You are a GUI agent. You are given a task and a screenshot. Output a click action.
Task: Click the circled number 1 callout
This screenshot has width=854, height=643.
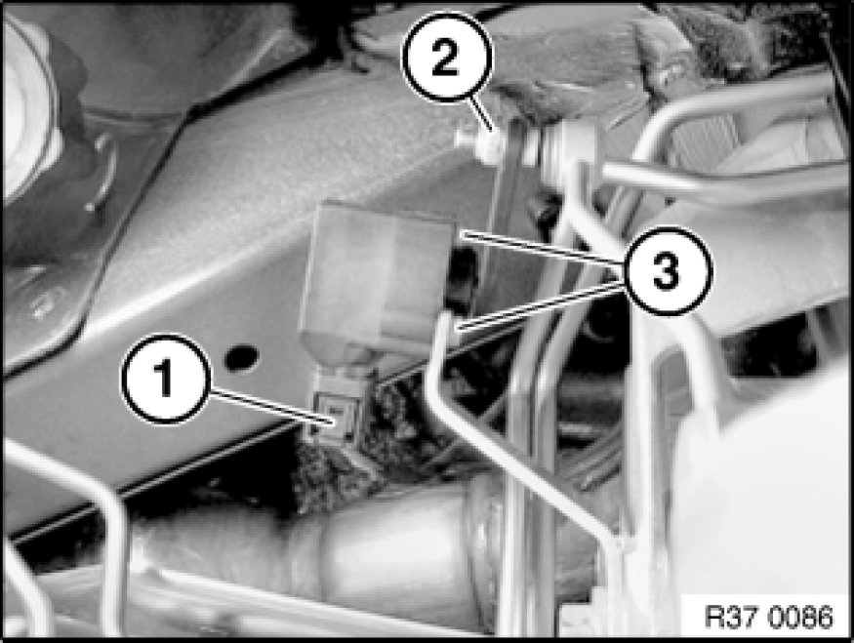pyautogui.click(x=166, y=379)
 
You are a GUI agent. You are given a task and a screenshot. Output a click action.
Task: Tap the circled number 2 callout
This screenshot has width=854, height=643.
pyautogui.click(x=447, y=57)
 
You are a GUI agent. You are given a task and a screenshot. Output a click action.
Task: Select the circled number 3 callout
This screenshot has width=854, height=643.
pyautogui.click(x=666, y=270)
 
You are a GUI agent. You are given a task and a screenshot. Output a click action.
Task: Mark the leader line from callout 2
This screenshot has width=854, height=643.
pyautogui.click(x=482, y=114)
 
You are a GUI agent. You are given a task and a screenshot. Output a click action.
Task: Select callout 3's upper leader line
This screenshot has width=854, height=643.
pyautogui.click(x=543, y=248)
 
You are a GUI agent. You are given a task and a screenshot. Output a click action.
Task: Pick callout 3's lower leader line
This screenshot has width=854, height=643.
pyautogui.click(x=539, y=304)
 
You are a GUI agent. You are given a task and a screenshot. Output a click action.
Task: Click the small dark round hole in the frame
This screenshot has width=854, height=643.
pyautogui.click(x=241, y=357)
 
